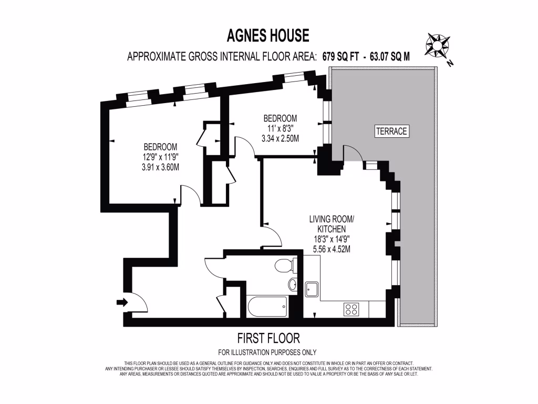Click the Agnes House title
(268, 36)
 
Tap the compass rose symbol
(437, 46)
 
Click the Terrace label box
(391, 131)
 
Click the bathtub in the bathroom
(267, 306)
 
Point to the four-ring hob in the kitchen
(351, 309)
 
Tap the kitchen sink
(312, 288)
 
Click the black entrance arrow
(122, 302)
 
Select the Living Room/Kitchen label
(331, 224)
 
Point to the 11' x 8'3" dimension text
(280, 128)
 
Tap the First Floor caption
(268, 338)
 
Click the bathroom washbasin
(292, 285)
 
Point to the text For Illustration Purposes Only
(267, 352)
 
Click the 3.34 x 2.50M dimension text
(280, 139)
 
